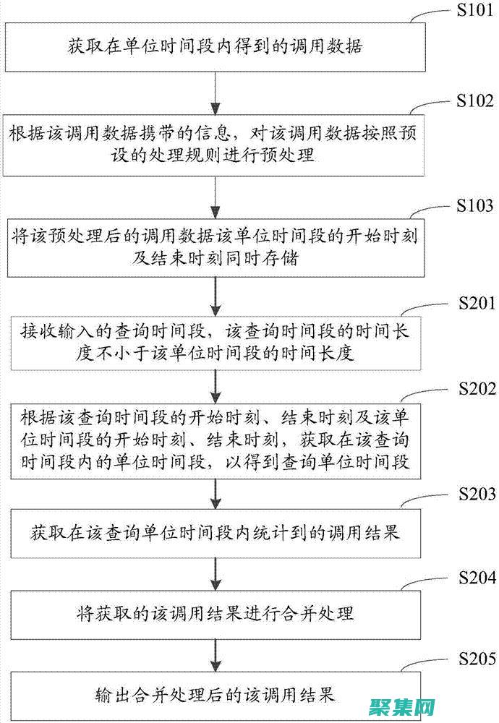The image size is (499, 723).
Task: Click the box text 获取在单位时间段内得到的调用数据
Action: click(215, 48)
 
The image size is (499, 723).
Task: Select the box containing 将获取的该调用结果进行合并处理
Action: click(215, 614)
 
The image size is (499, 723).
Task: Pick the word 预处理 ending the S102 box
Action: click(291, 154)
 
